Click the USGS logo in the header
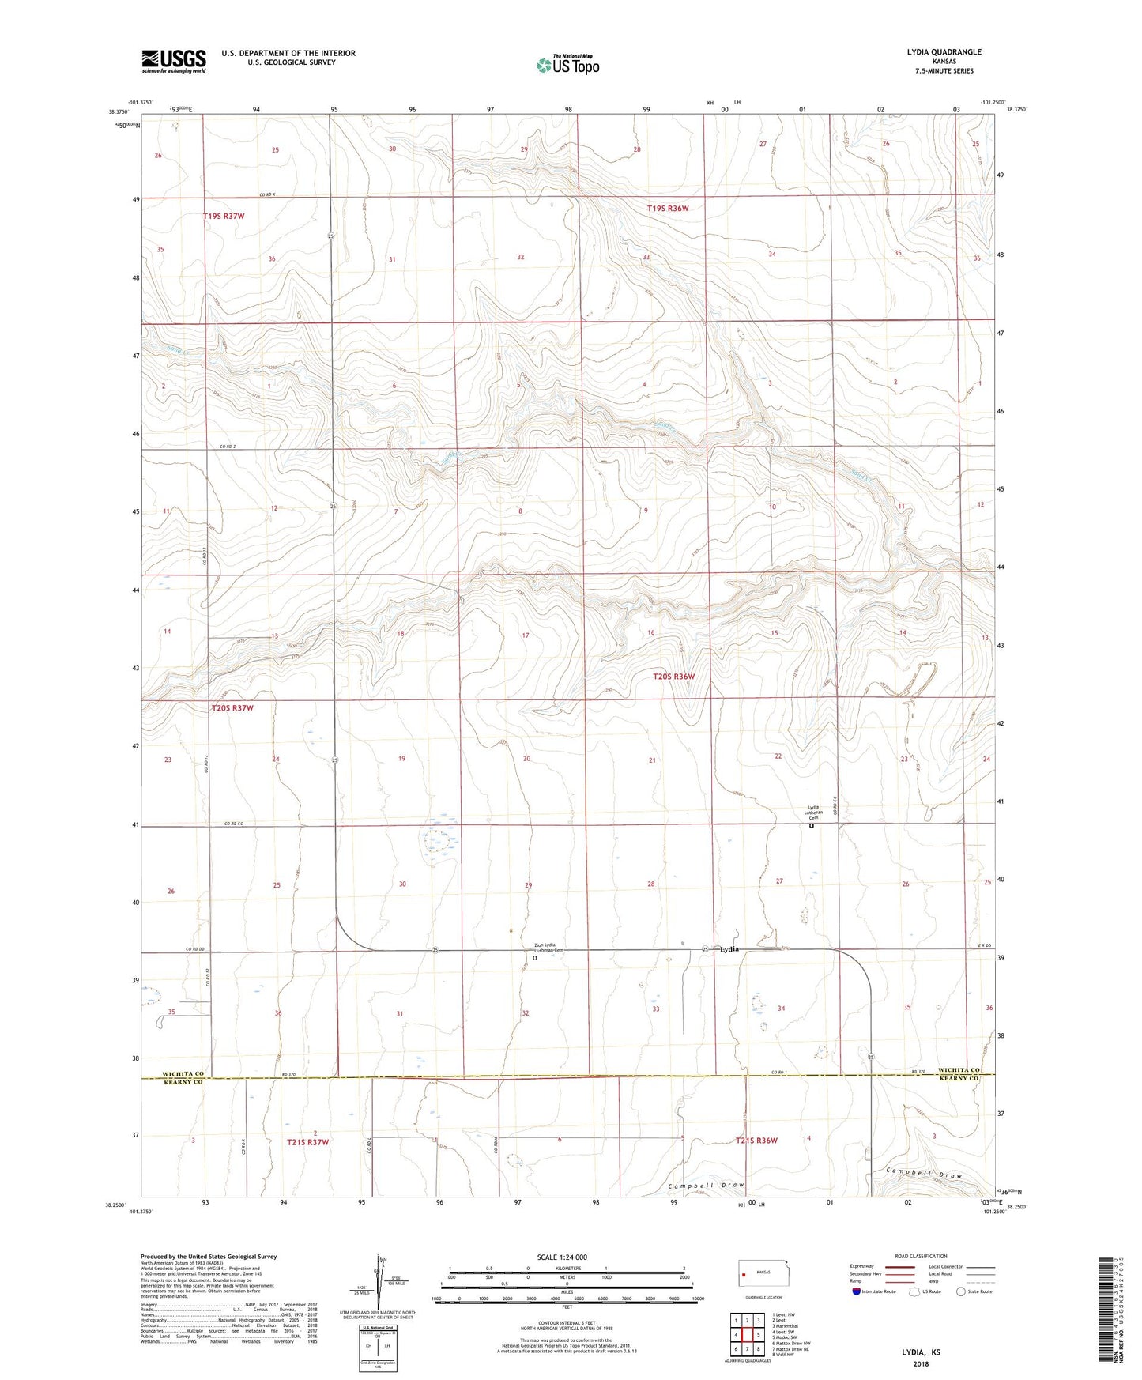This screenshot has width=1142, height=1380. pyautogui.click(x=174, y=61)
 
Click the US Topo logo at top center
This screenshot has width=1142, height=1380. pyautogui.click(x=567, y=64)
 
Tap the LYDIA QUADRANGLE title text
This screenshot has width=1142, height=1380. pyautogui.click(x=944, y=52)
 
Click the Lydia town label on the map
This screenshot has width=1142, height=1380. pyautogui.click(x=729, y=948)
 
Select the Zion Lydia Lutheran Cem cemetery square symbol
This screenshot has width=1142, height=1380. pyautogui.click(x=535, y=958)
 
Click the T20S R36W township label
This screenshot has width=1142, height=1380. pyautogui.click(x=674, y=677)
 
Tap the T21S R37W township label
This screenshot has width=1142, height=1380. pyautogui.click(x=308, y=1142)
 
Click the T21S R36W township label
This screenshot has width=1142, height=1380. pyautogui.click(x=756, y=1141)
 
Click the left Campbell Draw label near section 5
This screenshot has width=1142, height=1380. pyautogui.click(x=707, y=1186)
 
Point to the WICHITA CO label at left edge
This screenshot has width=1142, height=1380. pyautogui.click(x=183, y=1074)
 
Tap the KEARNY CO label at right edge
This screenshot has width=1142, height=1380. pyautogui.click(x=958, y=1079)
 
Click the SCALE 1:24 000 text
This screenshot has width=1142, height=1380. pyautogui.click(x=562, y=1257)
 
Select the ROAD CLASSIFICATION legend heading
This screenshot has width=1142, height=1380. pyautogui.click(x=921, y=1256)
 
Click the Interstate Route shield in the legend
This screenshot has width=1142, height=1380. pyautogui.click(x=857, y=1291)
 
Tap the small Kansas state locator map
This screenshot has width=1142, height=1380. pyautogui.click(x=762, y=1273)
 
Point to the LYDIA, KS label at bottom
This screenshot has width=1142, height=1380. pyautogui.click(x=921, y=1352)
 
